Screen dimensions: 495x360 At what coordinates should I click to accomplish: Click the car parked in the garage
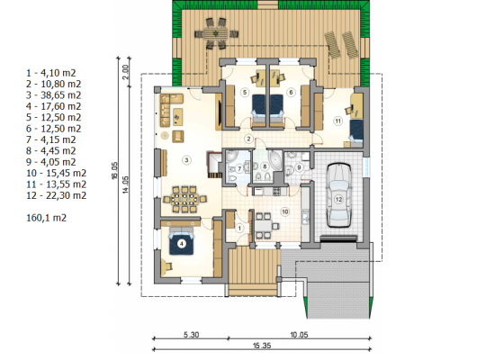coord(338,195)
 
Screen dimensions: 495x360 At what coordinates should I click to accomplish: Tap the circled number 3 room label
coord(186,160)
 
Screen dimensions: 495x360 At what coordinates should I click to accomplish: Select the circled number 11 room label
coord(338,121)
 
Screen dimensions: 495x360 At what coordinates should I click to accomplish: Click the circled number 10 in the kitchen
coord(285,211)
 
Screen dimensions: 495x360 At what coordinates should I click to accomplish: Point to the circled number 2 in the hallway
coord(248,139)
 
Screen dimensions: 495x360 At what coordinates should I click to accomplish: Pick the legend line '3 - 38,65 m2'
coord(54,95)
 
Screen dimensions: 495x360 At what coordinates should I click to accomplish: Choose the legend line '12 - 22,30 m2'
coord(56,195)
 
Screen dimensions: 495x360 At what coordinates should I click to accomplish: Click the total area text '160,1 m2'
coord(47,218)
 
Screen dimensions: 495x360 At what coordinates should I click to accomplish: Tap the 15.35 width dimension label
coord(262,346)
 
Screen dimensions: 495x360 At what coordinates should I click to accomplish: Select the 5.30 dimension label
coord(192,335)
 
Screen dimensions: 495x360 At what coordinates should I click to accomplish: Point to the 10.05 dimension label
coord(299,335)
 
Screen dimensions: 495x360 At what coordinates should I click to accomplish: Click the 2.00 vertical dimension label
coord(126,72)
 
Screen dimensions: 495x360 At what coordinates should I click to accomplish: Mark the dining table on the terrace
coord(216,33)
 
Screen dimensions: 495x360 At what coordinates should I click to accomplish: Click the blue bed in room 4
coord(181,243)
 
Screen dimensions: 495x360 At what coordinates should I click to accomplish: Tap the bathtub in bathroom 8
coord(276,161)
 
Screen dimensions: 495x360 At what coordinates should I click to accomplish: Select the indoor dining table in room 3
coord(184,200)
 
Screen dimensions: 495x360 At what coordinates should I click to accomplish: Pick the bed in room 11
coord(356,131)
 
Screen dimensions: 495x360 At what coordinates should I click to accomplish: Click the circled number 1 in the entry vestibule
coord(239,228)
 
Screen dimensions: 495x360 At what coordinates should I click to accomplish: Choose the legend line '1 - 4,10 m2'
coord(51,73)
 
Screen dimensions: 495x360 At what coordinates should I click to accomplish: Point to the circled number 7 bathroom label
coord(239,169)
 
